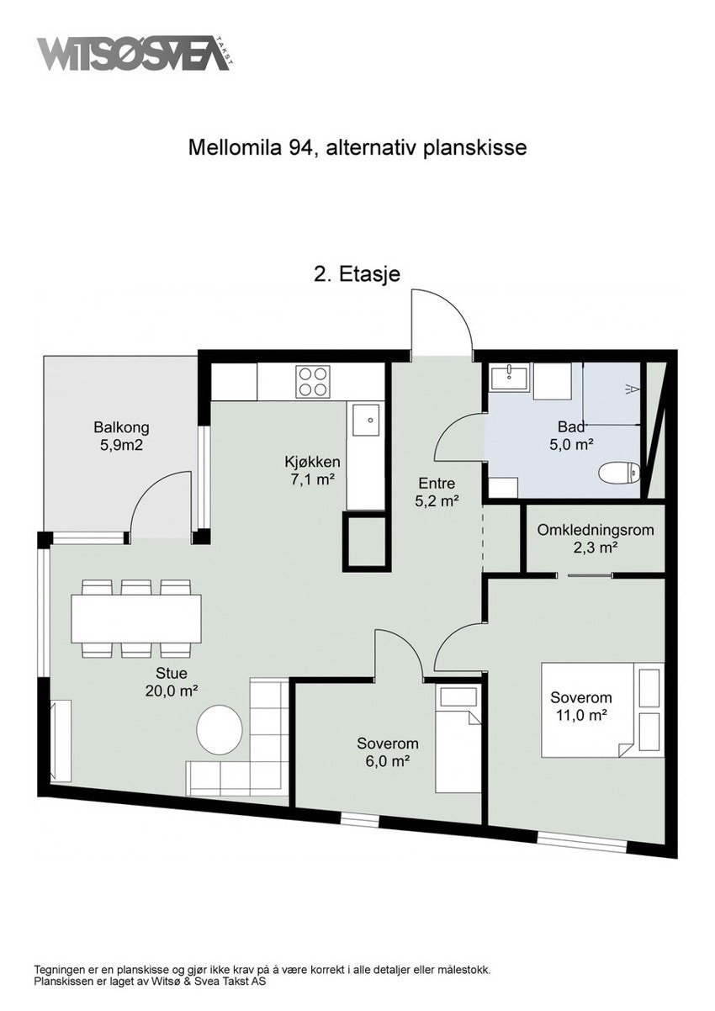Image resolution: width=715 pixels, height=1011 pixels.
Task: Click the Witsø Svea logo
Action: pos(134,54)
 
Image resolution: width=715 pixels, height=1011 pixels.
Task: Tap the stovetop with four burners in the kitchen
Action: pos(312,381)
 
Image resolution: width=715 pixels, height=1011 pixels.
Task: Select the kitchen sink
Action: pos(366,420)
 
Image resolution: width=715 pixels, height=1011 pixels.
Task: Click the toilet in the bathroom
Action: pos(619,473)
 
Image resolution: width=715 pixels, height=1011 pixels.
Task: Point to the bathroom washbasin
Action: pos(510,378)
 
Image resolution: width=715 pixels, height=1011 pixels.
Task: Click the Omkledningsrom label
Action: pos(596,530)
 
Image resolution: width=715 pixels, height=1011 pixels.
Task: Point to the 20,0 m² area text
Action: pos(172,691)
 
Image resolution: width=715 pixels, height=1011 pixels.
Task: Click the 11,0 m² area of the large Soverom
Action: pos(580,715)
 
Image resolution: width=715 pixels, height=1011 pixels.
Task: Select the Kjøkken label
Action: pos(312,462)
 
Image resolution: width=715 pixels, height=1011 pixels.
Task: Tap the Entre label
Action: pos(437,484)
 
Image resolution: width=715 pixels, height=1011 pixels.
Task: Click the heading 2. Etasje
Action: pos(357,274)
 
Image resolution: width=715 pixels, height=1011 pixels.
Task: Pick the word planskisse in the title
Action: pos(475,147)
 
